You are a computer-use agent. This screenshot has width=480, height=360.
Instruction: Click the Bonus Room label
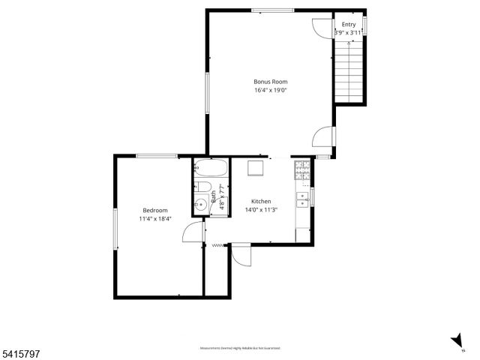[x=271, y=82]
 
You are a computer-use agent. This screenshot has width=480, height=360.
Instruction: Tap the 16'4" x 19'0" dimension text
[x=271, y=90]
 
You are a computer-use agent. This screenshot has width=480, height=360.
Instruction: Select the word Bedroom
[x=155, y=211]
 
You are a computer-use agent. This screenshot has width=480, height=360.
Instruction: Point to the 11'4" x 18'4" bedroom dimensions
[x=155, y=219]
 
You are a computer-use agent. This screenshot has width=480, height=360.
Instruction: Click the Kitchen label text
[x=261, y=202]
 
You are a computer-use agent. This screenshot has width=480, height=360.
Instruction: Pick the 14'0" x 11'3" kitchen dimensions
[x=261, y=210]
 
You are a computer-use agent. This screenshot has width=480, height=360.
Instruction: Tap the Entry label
[x=349, y=25]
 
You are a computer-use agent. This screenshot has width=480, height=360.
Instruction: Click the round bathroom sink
[x=201, y=204]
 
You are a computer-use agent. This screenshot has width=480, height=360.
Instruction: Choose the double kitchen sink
[x=304, y=199]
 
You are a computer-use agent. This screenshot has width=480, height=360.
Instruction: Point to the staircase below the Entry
[x=349, y=71]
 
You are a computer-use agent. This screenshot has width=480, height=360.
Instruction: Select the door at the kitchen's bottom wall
[x=241, y=255]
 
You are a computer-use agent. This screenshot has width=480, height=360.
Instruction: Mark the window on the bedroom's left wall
[x=115, y=229]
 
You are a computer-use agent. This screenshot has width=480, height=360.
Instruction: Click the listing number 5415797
[x=19, y=350]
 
